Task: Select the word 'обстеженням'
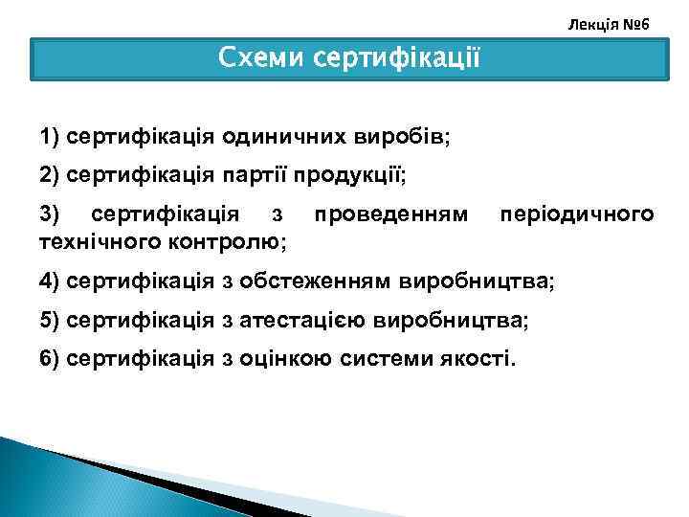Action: pyautogui.click(x=314, y=281)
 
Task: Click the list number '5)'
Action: pyautogui.click(x=51, y=320)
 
